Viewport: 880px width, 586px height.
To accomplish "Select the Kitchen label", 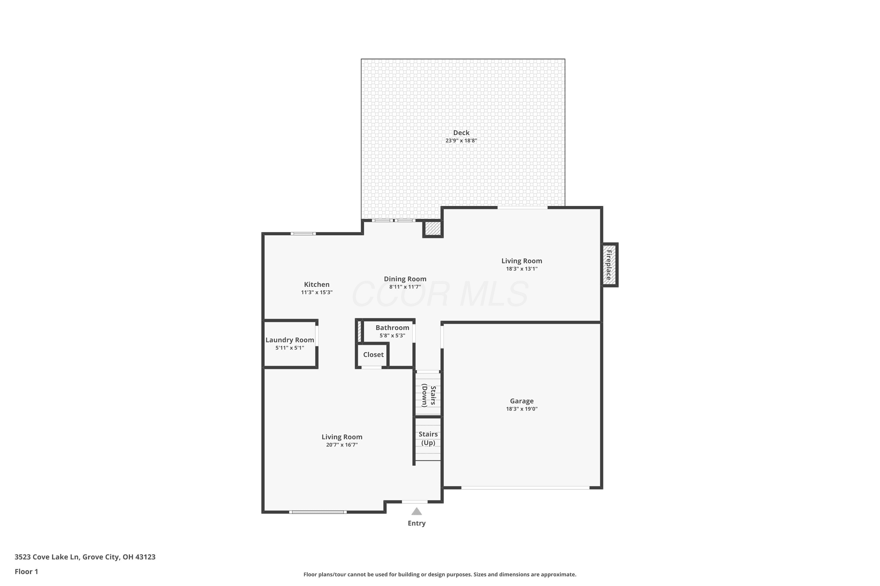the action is (317, 285).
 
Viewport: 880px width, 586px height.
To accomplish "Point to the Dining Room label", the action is (405, 279).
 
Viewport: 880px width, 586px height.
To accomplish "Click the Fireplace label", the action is (609, 265).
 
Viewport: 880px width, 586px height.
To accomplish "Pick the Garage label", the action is (522, 401).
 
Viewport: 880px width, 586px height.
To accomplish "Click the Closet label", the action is (373, 355).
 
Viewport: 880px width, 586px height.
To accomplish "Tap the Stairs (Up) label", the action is (428, 438).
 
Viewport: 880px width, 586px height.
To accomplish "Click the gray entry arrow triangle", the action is (417, 512).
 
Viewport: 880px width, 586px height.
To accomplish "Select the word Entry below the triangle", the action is (417, 523).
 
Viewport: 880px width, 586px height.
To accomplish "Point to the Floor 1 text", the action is (26, 571).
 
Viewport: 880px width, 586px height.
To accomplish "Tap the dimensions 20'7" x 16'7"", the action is (342, 445).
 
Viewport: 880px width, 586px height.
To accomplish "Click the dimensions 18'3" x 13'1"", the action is (522, 269).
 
